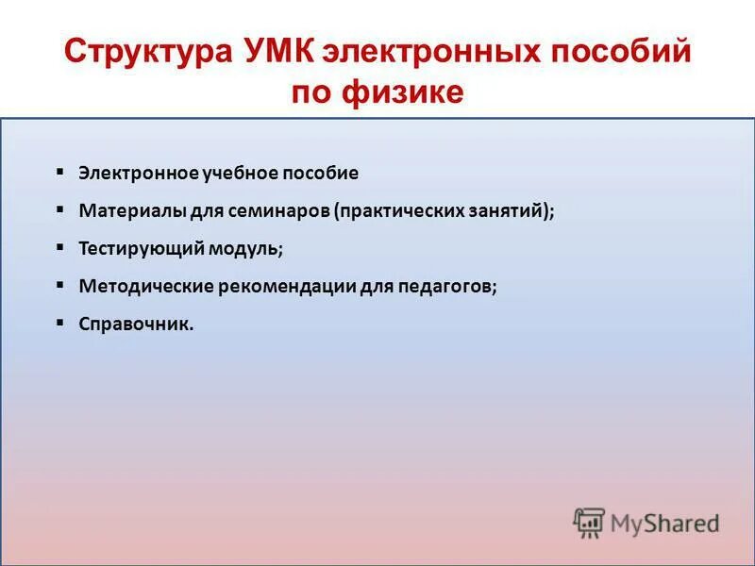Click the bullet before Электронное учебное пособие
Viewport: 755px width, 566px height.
point(59,173)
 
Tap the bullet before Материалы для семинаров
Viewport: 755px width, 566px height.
point(59,210)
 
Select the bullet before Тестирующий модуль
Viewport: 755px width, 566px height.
point(59,248)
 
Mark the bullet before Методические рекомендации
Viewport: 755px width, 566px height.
point(59,285)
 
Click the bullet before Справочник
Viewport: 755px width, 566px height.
point(59,323)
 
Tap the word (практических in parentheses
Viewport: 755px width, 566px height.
point(388,211)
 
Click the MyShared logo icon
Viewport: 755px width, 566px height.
point(589,523)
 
